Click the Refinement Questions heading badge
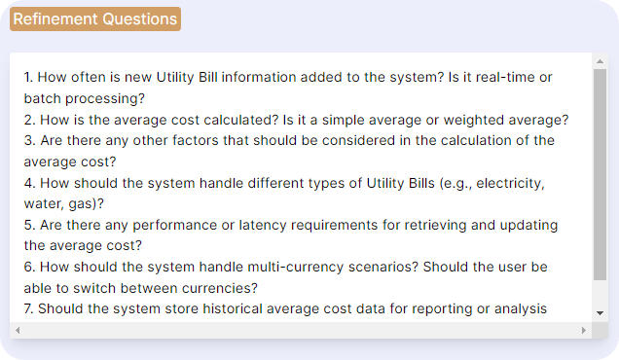[x=95, y=18]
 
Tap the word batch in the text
[x=44, y=98]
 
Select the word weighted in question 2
[x=472, y=120]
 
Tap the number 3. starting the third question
[x=30, y=140]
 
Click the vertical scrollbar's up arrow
[x=600, y=61]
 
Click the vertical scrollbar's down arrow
[x=600, y=312]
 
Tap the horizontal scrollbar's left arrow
[x=18, y=331]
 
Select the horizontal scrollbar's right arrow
[x=584, y=331]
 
